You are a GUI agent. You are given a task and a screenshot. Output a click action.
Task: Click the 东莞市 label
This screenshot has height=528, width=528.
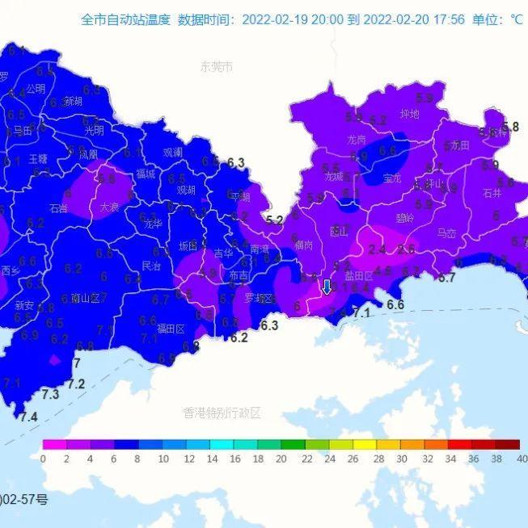216,67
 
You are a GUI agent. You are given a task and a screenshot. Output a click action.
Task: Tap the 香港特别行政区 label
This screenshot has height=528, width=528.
222,413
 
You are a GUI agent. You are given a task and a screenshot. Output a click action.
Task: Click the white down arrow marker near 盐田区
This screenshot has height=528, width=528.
327,287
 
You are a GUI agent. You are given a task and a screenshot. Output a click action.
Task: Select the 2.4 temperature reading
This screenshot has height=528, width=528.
377,249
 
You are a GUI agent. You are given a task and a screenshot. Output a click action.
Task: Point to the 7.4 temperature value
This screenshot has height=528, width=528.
28,417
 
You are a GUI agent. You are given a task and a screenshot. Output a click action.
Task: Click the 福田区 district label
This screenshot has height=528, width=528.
171,329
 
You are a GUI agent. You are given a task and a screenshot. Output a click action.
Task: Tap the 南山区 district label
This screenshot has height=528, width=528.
85,298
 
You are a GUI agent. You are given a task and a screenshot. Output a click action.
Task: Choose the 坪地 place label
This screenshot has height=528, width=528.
410,114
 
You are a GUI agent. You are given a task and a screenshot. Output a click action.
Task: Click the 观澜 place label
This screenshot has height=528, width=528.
172,152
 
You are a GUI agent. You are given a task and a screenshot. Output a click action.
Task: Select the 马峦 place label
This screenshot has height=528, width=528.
446,233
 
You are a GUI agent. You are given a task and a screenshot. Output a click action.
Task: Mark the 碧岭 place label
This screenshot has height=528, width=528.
404,218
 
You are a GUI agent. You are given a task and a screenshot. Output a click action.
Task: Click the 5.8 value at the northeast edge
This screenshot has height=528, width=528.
510,127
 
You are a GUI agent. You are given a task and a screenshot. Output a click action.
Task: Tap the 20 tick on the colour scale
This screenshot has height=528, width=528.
281,459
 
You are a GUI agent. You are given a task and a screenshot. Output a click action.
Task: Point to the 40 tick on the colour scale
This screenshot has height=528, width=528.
521,459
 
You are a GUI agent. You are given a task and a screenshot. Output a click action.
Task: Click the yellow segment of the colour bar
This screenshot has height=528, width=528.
364,444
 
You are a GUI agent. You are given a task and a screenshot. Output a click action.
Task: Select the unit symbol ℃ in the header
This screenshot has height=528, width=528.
517,19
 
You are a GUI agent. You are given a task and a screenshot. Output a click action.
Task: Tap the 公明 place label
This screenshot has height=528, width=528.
35,89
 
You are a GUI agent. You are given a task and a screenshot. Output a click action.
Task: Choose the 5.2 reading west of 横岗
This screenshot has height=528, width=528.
274,220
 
